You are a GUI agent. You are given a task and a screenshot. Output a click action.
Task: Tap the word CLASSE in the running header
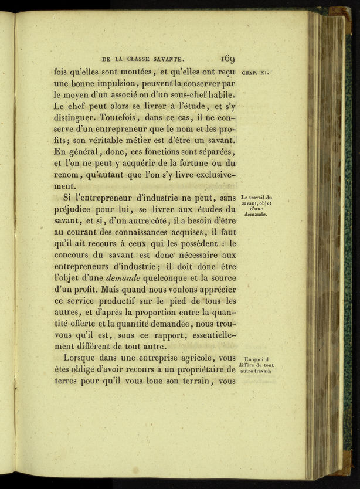tap(144, 59)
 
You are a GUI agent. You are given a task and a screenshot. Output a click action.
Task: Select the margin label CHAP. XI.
tap(255, 73)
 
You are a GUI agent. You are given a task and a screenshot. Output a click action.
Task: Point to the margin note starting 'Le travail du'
tap(256, 205)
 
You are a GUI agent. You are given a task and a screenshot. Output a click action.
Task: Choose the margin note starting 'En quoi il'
tap(256, 365)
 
